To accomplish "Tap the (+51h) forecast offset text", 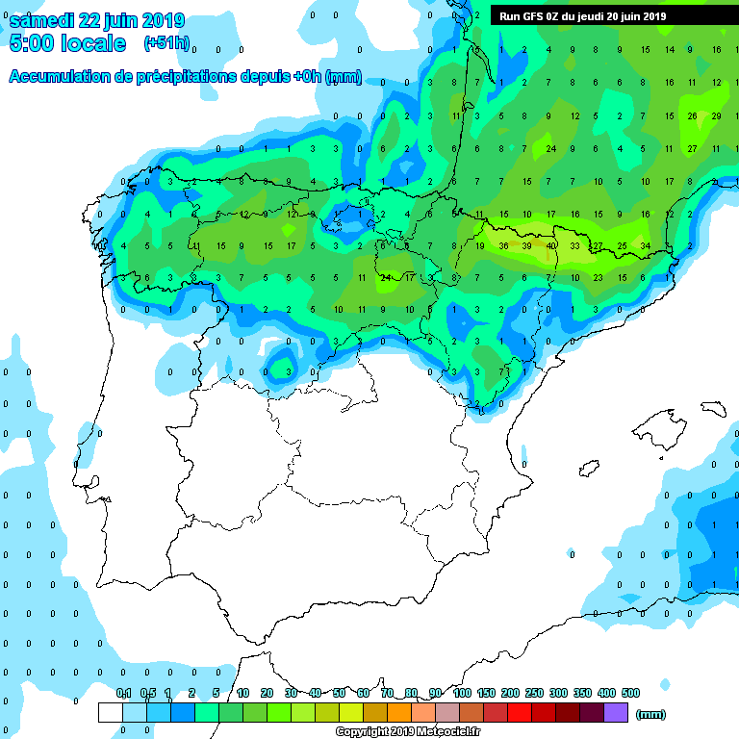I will pyautogui.click(x=166, y=42).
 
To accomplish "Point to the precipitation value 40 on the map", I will pyautogui.click(x=550, y=246).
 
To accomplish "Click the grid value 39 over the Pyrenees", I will pyautogui.click(x=526, y=246).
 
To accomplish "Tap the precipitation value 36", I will pyautogui.click(x=503, y=246).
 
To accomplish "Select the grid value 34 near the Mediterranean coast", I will pyautogui.click(x=645, y=246).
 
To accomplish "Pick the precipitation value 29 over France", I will pyautogui.click(x=716, y=115).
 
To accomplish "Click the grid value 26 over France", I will pyautogui.click(x=692, y=115).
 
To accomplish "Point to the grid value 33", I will pyautogui.click(x=573, y=246).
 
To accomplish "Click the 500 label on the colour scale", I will pyautogui.click(x=630, y=694).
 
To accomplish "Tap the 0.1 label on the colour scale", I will pyautogui.click(x=123, y=694).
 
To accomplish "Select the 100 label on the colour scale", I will pyautogui.click(x=462, y=694).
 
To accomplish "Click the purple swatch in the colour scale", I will pyautogui.click(x=616, y=712).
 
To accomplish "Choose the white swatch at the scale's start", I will pyautogui.click(x=110, y=712).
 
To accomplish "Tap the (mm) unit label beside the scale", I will pyautogui.click(x=651, y=714).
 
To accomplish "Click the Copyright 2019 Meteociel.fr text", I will pyautogui.click(x=407, y=731).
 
